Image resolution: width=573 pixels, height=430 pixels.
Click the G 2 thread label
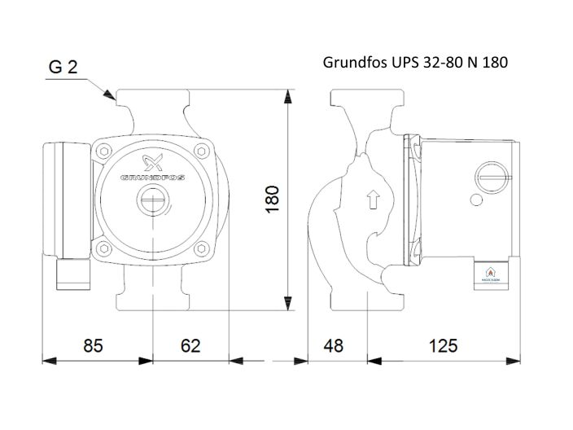(x=63, y=68)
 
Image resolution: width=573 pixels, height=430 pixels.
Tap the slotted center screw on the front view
(x=151, y=200)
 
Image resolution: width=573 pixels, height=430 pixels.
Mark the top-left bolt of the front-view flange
(x=103, y=151)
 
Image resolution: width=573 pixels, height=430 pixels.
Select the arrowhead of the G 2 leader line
(x=110, y=96)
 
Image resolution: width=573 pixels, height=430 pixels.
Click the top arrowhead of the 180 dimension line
(x=286, y=96)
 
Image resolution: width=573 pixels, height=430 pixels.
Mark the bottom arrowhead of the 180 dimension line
(x=286, y=303)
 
